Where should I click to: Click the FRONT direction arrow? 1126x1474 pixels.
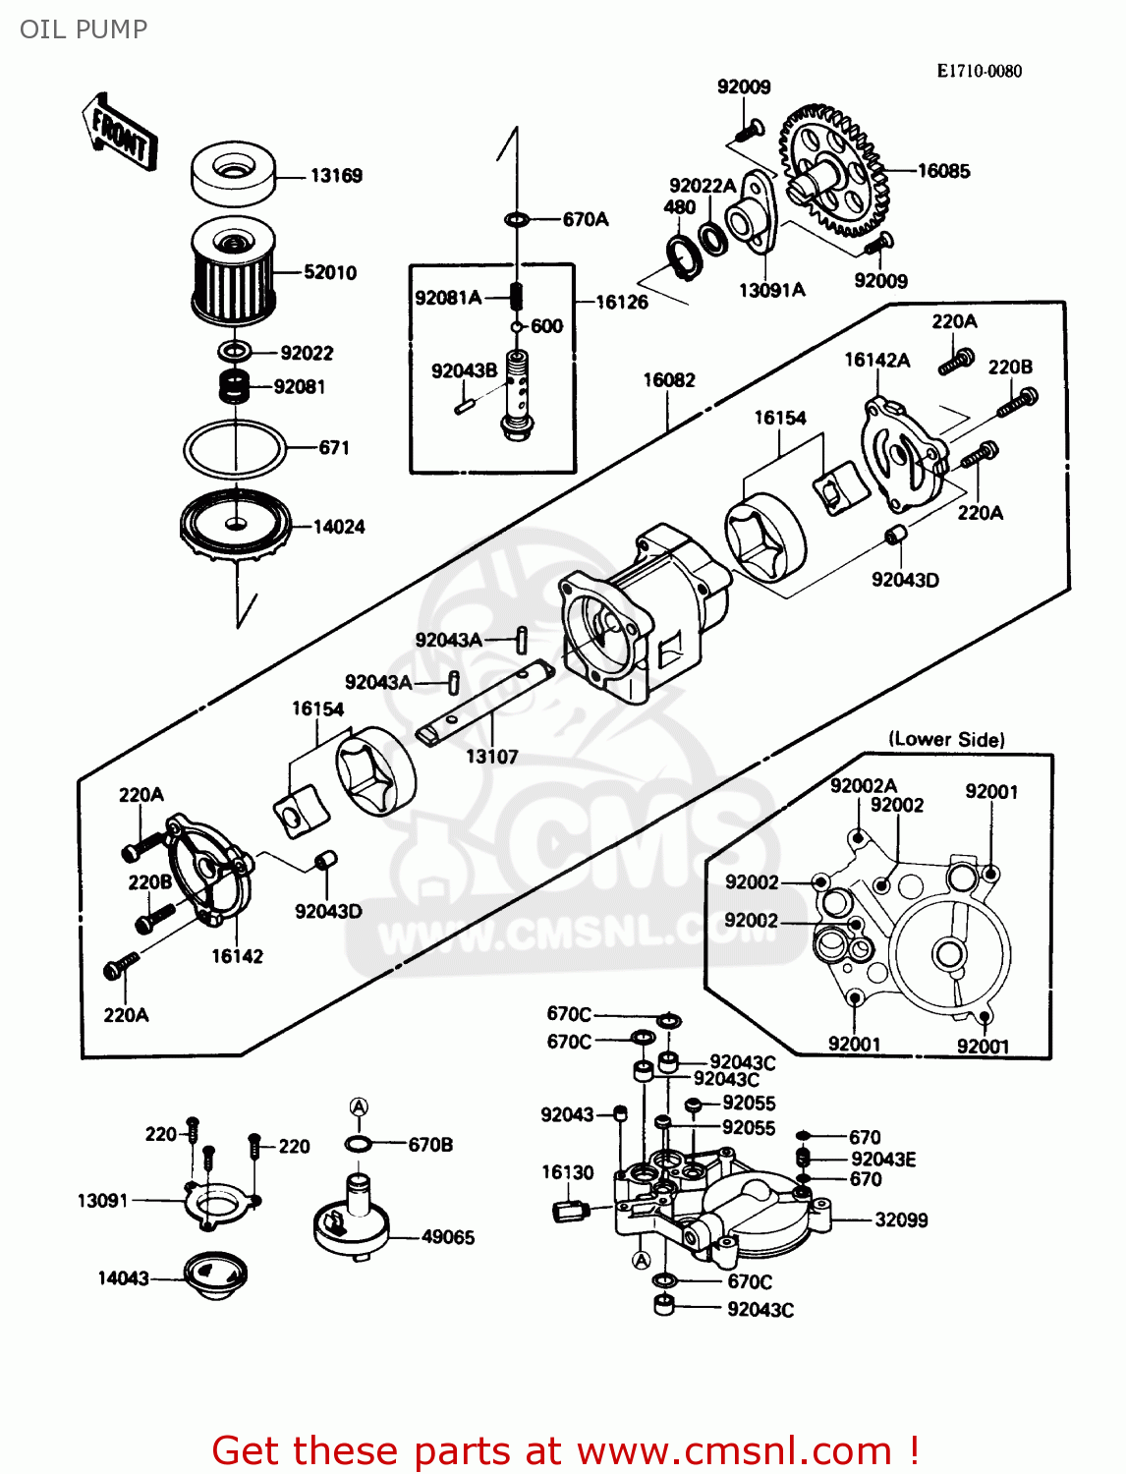pos(119,133)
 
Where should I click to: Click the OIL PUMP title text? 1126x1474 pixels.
pos(84,29)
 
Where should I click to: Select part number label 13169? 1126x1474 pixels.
pos(336,176)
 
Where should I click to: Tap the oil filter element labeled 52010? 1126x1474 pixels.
pos(232,272)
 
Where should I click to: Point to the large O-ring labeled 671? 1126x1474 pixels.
pos(235,449)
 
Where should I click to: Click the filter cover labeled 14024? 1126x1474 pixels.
pos(236,525)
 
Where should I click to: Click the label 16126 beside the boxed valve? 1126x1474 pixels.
pos(622,302)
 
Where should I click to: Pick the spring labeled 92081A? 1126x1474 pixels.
pos(516,295)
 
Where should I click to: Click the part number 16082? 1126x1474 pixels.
pos(669,380)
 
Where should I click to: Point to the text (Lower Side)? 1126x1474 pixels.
pos(946,739)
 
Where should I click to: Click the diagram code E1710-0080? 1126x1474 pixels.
pos(979,71)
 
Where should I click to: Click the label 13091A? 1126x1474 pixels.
pos(771,290)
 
